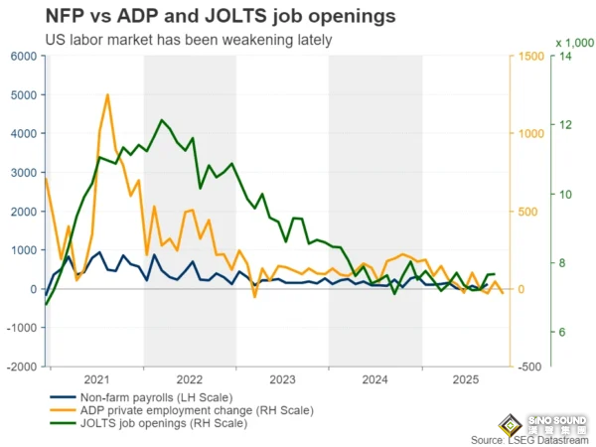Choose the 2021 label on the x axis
tap(96, 379)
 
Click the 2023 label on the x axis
tap(282, 379)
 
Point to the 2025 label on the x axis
tap(466, 379)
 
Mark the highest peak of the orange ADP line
tap(107, 95)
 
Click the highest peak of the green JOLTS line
tap(161, 120)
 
